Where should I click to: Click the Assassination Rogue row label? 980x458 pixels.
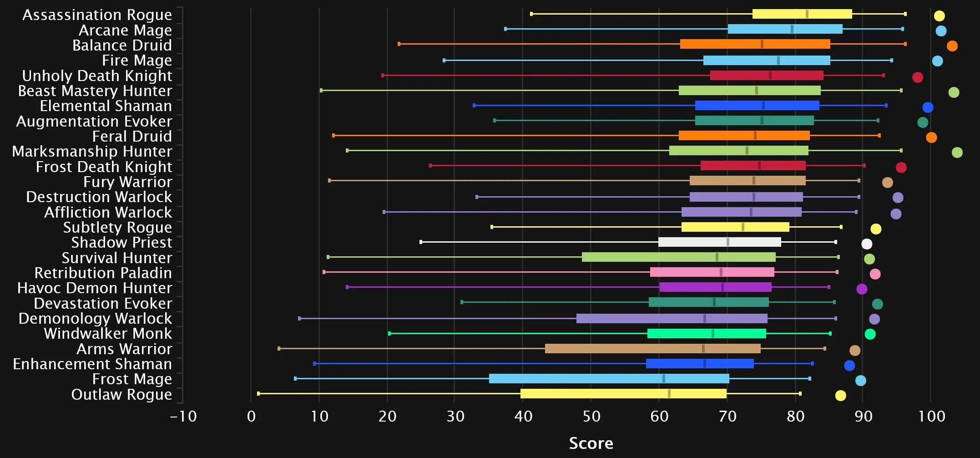pyautogui.click(x=97, y=15)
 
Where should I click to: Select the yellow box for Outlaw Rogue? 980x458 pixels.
pyautogui.click(x=623, y=394)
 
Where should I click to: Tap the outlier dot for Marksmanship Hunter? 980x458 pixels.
pyautogui.click(x=957, y=153)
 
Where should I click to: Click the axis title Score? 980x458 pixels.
pyautogui.click(x=591, y=443)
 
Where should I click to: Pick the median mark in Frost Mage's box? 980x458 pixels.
pyautogui.click(x=664, y=378)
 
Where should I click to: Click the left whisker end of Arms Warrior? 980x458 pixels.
pyautogui.click(x=279, y=349)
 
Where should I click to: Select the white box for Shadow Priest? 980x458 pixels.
pyautogui.click(x=719, y=242)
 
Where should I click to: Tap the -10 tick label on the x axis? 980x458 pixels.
pyautogui.click(x=183, y=416)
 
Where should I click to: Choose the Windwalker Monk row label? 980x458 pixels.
pyautogui.click(x=108, y=334)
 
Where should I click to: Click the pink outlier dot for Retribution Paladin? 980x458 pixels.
pyautogui.click(x=875, y=274)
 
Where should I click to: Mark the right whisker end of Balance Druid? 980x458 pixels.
pyautogui.click(x=905, y=44)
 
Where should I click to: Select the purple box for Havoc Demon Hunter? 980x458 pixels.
pyautogui.click(x=715, y=287)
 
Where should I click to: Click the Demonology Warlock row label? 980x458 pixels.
pyautogui.click(x=95, y=319)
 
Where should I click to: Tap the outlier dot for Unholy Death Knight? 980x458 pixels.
pyautogui.click(x=917, y=77)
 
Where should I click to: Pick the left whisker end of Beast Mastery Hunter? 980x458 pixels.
pyautogui.click(x=321, y=91)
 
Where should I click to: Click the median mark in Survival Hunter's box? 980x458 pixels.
pyautogui.click(x=717, y=257)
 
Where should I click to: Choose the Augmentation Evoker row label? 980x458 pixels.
pyautogui.click(x=94, y=122)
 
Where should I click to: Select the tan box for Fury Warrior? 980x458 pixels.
pyautogui.click(x=747, y=181)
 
